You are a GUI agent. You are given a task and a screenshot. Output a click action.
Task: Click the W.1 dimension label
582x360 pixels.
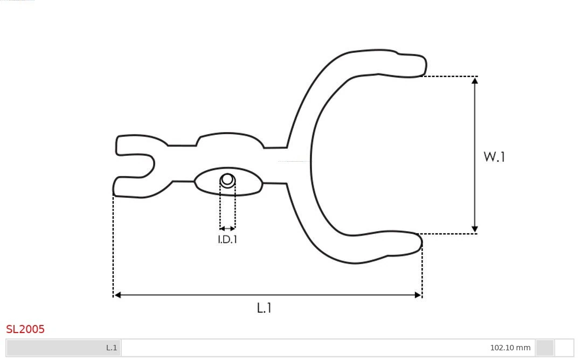(x=494, y=157)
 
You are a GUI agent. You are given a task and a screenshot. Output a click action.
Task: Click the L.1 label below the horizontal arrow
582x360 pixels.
(x=264, y=308)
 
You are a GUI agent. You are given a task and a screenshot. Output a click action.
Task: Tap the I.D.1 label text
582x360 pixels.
(x=227, y=240)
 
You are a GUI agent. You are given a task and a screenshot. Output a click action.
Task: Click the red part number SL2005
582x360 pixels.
(x=25, y=329)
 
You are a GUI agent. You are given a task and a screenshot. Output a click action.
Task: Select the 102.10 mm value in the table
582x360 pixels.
(x=510, y=348)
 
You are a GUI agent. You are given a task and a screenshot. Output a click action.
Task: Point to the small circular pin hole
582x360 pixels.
(x=227, y=179)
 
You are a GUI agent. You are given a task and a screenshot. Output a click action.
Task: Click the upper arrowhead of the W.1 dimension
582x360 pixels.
(x=475, y=80)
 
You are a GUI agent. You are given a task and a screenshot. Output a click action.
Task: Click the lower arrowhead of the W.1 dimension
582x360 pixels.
(x=475, y=230)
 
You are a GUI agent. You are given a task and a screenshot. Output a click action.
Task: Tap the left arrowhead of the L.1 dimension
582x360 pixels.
(x=118, y=295)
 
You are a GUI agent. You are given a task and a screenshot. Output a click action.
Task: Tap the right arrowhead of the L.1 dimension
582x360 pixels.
(x=418, y=295)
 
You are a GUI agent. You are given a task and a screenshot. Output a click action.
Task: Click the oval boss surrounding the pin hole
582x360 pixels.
(x=245, y=182)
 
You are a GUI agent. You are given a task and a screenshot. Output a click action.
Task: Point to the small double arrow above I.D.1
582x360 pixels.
(x=227, y=229)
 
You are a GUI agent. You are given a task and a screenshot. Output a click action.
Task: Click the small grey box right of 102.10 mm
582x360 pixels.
(x=545, y=348)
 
